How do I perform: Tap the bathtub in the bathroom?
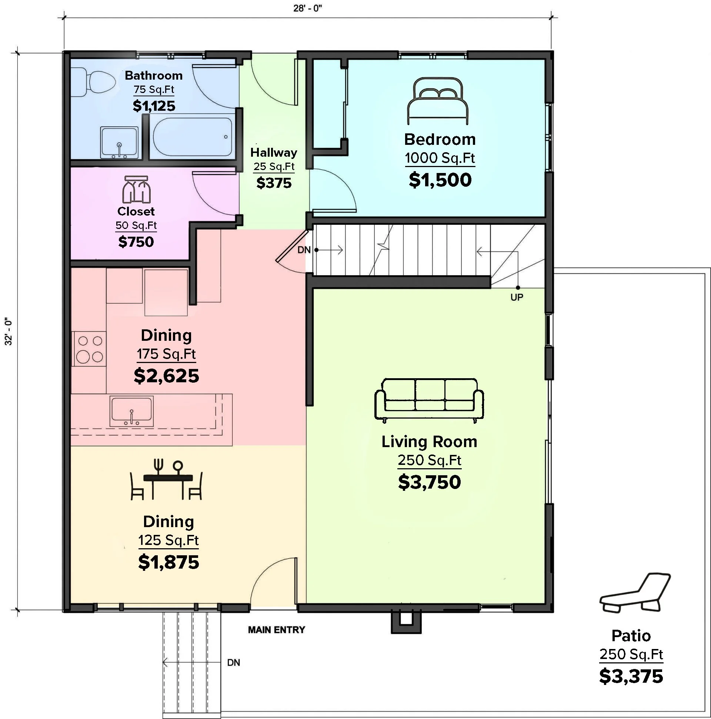[193, 137]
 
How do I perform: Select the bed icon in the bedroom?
[438, 101]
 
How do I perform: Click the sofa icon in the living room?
[429, 400]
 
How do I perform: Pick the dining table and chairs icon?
[166, 480]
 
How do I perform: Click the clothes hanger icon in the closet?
[137, 189]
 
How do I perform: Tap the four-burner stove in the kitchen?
[89, 349]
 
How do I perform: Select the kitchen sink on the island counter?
[131, 412]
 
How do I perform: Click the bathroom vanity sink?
[120, 143]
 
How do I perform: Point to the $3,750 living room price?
[429, 482]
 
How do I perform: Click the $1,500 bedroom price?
[440, 180]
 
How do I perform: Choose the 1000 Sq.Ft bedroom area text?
[440, 158]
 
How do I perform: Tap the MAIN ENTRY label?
[276, 630]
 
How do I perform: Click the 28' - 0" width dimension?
[307, 8]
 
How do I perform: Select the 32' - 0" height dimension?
[8, 331]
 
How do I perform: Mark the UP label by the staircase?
[517, 297]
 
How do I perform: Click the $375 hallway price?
[274, 183]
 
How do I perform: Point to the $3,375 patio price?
[631, 676]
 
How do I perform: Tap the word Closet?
[136, 211]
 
